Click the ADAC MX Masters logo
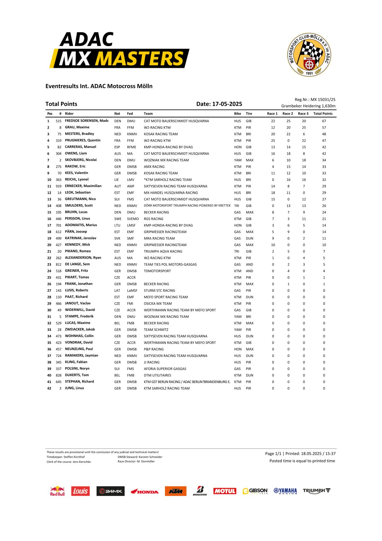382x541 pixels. point(119,50)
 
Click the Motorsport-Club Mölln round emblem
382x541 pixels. point(309,55)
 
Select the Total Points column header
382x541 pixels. point(323,113)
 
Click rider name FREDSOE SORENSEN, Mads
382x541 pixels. point(86,121)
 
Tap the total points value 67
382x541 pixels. point(324,121)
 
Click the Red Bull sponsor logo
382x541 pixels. point(57,491)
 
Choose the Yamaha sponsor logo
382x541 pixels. point(285,491)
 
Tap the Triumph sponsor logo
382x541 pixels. point(317,491)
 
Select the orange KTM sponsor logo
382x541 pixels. point(176,491)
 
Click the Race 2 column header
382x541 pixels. point(288,113)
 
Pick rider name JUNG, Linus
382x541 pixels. point(74,388)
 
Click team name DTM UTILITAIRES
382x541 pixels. point(157,375)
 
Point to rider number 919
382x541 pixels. point(58,186)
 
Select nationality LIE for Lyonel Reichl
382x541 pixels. point(117,180)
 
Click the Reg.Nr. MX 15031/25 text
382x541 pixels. point(315,100)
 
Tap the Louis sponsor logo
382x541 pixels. point(80,491)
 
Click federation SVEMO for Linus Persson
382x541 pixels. point(133,219)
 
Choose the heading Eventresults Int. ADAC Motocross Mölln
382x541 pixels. point(99,86)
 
